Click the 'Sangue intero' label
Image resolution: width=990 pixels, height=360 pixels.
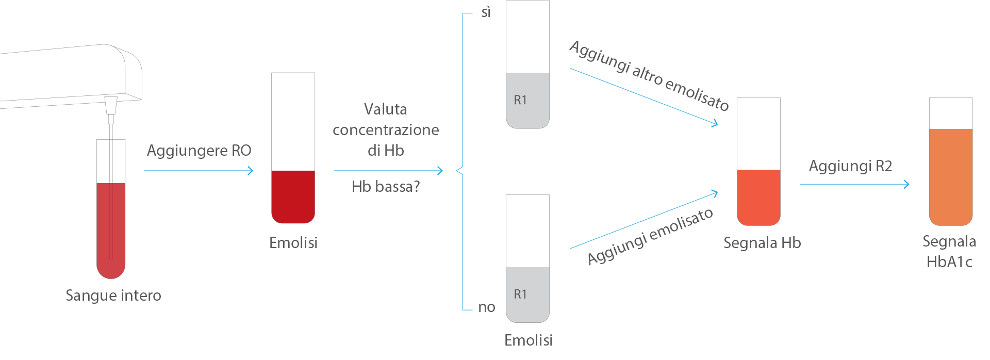click(113, 296)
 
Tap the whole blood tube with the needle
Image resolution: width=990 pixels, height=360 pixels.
click(111, 209)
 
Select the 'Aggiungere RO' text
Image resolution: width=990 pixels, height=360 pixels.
click(199, 151)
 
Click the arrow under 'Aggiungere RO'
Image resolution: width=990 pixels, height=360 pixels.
click(199, 171)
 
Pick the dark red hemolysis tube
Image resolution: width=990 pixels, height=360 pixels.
click(293, 148)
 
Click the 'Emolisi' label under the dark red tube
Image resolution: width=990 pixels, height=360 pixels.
click(293, 243)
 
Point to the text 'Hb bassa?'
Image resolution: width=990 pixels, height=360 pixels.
click(386, 187)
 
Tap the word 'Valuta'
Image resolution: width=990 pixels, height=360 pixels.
click(386, 109)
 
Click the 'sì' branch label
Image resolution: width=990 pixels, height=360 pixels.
click(486, 12)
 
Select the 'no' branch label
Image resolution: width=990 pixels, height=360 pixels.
click(487, 307)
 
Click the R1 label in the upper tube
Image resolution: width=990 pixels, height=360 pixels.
click(520, 100)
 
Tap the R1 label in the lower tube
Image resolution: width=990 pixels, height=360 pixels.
click(520, 294)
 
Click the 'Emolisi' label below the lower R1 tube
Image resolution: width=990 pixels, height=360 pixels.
click(528, 340)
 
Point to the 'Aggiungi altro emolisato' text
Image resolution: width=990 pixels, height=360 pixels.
click(650, 76)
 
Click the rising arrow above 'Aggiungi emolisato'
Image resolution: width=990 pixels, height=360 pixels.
click(644, 220)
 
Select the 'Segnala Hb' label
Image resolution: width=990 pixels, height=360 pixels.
click(762, 243)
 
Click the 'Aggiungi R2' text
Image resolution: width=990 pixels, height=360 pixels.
click(850, 166)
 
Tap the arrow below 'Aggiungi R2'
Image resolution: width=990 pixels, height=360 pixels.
click(854, 184)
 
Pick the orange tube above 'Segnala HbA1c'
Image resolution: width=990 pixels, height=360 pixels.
click(951, 161)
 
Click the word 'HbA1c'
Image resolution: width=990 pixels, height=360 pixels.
click(949, 262)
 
